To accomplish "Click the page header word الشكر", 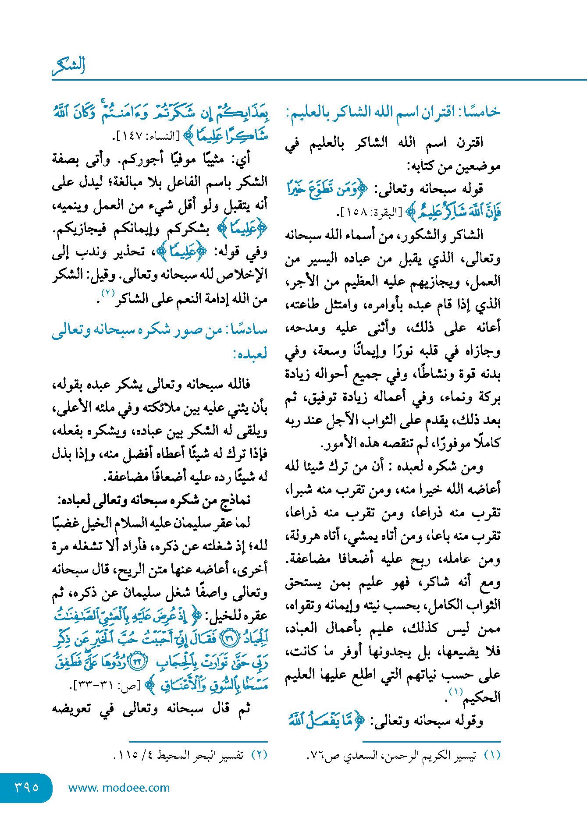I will [68, 66].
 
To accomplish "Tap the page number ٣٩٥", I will [26, 787].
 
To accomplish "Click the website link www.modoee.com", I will [119, 788].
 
